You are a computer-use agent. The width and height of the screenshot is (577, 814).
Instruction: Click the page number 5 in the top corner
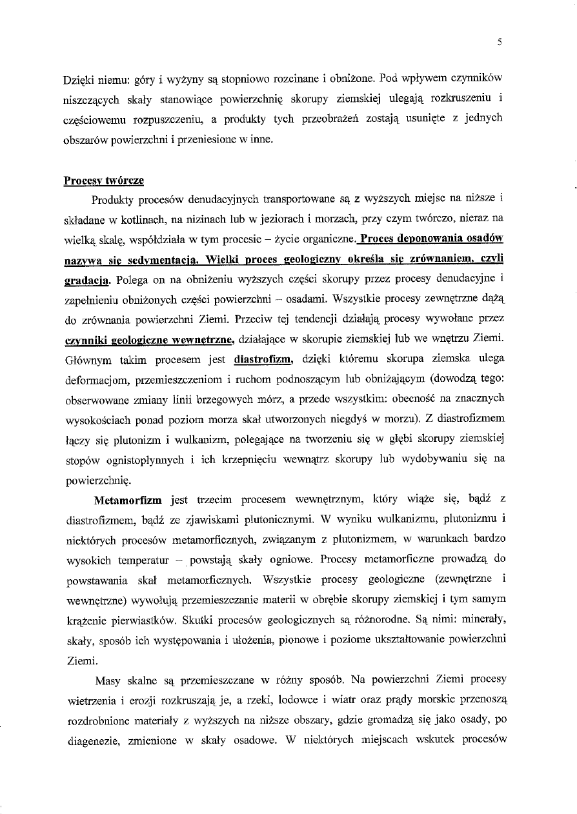[x=500, y=43]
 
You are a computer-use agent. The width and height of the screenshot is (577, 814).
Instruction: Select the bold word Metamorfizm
[x=130, y=500]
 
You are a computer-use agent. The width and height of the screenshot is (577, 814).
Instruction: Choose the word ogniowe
[x=294, y=559]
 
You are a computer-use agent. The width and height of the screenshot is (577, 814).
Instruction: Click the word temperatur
[x=158, y=559]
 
